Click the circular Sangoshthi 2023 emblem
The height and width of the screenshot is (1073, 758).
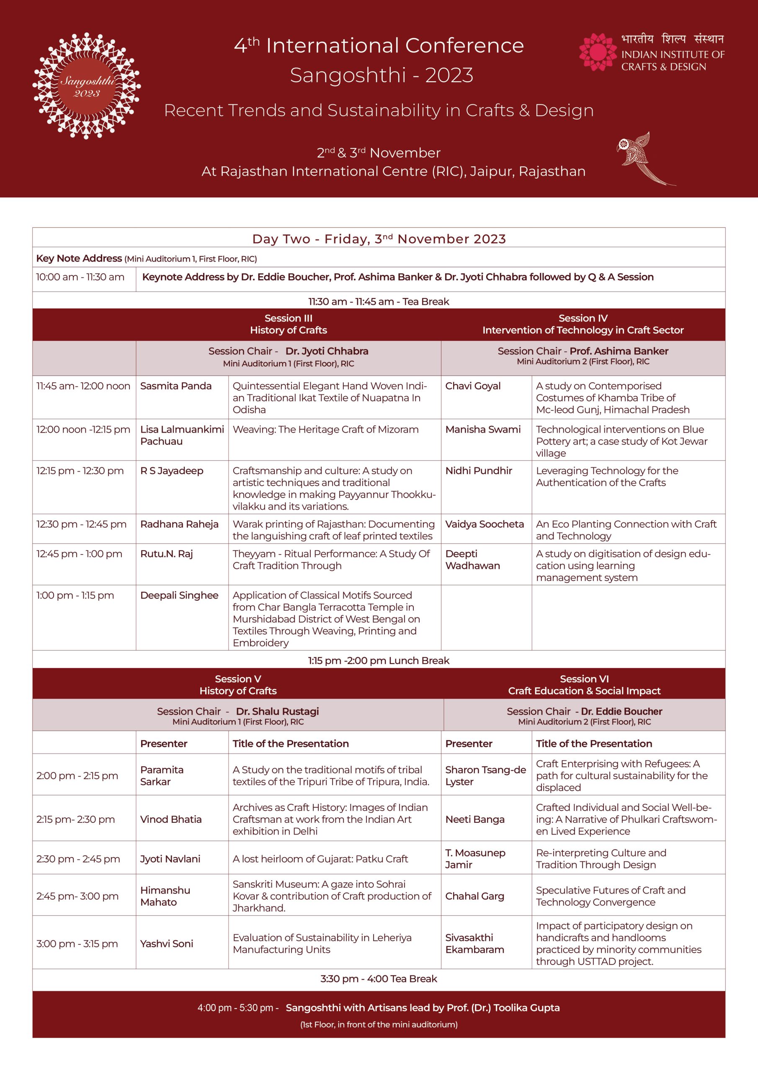tap(86, 86)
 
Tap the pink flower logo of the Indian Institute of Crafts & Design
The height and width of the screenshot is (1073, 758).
tap(598, 52)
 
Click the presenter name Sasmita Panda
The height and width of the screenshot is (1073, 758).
tap(175, 386)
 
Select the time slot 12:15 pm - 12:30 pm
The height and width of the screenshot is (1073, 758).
tap(80, 471)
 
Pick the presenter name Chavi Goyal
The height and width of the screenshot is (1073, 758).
tap(473, 386)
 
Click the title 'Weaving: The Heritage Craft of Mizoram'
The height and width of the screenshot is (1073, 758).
tap(325, 430)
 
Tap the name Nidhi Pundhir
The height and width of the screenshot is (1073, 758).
tap(479, 471)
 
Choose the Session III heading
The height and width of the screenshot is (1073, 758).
tap(288, 318)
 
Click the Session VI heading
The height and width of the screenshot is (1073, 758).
tap(584, 679)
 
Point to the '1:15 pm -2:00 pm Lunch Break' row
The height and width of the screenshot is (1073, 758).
tap(379, 660)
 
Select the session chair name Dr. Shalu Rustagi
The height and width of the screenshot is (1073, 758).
tap(277, 711)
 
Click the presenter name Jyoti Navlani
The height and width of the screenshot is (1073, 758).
tap(170, 859)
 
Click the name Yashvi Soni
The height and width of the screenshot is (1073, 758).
tap(167, 943)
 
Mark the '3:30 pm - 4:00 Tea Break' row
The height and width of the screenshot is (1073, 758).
tap(379, 979)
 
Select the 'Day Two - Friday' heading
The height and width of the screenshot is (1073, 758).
tap(379, 239)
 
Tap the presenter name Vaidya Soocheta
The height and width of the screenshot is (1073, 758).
tap(484, 524)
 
